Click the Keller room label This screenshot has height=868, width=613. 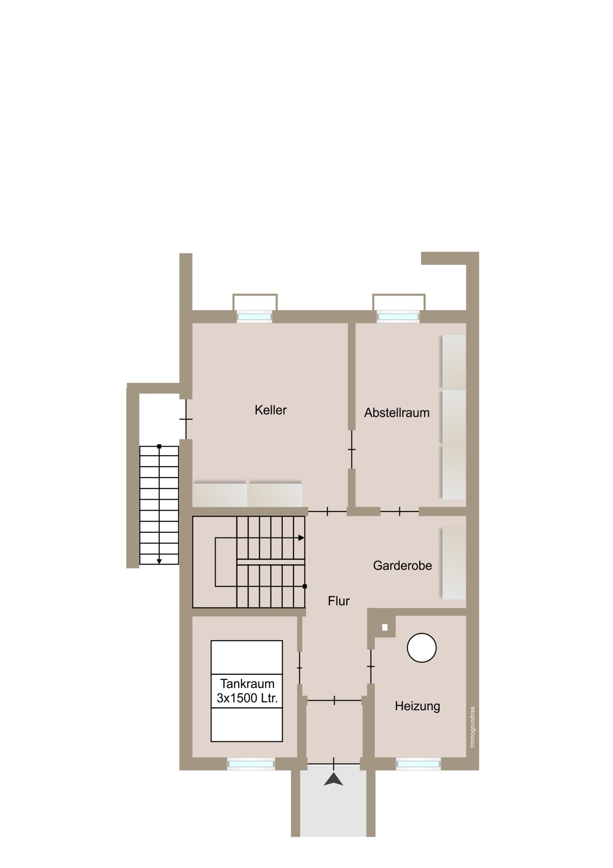click(x=271, y=410)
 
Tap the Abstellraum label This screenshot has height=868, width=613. click(x=397, y=413)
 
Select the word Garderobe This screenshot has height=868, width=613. click(x=402, y=566)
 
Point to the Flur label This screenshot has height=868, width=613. click(x=339, y=601)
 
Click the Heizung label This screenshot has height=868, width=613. click(x=417, y=706)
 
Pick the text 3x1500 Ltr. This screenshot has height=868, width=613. click(x=247, y=698)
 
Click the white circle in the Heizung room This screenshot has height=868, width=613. click(x=421, y=647)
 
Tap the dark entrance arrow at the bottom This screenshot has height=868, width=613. click(x=333, y=779)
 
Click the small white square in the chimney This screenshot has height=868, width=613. click(x=385, y=627)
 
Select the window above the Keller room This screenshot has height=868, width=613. click(x=255, y=317)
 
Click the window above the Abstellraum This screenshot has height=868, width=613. click(x=398, y=317)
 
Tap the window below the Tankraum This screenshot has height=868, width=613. click(x=251, y=764)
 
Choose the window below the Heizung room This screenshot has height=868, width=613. click(x=418, y=764)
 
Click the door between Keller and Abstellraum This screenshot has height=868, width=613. click(x=351, y=449)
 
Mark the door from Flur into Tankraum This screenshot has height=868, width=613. click(x=299, y=668)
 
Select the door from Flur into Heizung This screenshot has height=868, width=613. click(x=371, y=666)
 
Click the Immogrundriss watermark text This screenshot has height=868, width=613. click(x=473, y=727)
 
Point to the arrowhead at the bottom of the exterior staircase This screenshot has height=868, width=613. click(x=159, y=561)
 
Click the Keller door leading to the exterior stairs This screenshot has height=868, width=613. click(x=186, y=420)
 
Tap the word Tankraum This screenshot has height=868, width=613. click(x=247, y=684)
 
